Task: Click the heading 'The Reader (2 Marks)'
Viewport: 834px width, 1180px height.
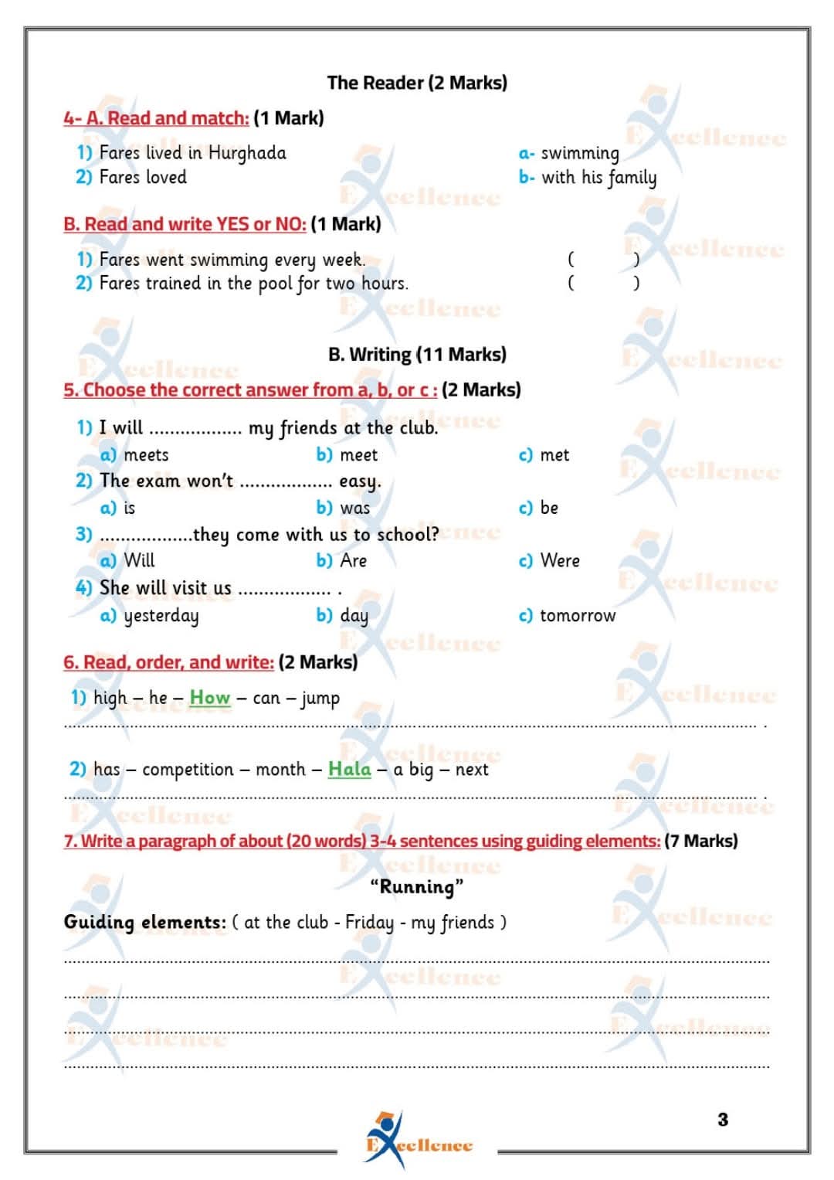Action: (417, 83)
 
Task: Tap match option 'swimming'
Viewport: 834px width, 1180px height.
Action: (579, 153)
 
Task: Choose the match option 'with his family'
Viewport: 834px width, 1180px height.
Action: (598, 178)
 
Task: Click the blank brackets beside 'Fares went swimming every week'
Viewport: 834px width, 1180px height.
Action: (603, 259)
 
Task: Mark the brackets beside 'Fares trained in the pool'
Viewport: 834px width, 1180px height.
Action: (603, 283)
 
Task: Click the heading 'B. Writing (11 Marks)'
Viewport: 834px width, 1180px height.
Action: (417, 355)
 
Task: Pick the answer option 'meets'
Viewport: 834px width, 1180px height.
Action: (146, 455)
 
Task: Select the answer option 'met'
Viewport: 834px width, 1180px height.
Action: (554, 455)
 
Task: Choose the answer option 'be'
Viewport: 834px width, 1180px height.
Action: (549, 508)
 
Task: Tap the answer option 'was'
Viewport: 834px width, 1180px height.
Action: (354, 508)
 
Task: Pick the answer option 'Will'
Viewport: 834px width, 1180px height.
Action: (139, 560)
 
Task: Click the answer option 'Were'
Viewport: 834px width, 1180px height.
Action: (560, 560)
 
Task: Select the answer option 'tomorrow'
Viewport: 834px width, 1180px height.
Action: (578, 616)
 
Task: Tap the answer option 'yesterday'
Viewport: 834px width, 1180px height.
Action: (161, 616)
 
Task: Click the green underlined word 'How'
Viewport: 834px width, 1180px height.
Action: (210, 698)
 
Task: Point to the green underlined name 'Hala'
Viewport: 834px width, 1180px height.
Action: (350, 770)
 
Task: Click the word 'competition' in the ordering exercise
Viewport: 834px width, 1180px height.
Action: (188, 770)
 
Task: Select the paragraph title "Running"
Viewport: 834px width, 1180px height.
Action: (417, 886)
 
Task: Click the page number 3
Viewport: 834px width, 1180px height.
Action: (723, 1120)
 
